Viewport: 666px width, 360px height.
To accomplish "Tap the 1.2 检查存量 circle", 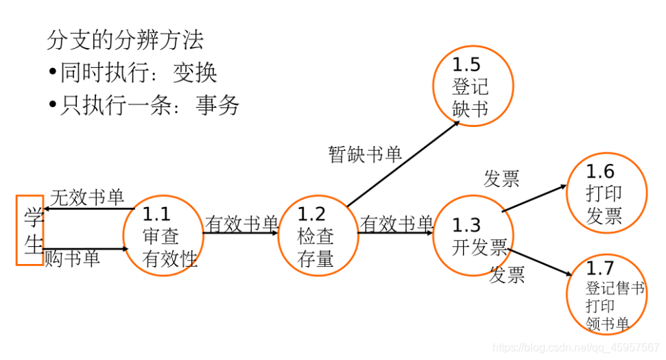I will pyautogui.click(x=317, y=236).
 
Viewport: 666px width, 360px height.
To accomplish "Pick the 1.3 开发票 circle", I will pyautogui.click(x=473, y=237).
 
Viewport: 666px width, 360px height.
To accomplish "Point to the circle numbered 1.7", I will pyautogui.click(x=606, y=295).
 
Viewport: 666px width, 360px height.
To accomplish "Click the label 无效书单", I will pyautogui.click(x=88, y=198).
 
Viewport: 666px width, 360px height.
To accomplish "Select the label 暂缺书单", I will pyautogui.click(x=365, y=154).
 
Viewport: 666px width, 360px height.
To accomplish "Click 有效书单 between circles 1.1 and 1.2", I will pyautogui.click(x=241, y=224).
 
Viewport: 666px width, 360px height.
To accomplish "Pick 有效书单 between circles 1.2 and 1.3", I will pyautogui.click(x=396, y=224).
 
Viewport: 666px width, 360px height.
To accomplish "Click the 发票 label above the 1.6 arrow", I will pyautogui.click(x=501, y=178).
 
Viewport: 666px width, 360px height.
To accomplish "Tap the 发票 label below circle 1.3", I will pyautogui.click(x=507, y=275).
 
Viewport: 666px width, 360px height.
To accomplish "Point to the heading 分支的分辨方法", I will pyautogui.click(x=126, y=40).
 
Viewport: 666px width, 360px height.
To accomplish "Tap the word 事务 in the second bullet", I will pyautogui.click(x=217, y=105).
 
